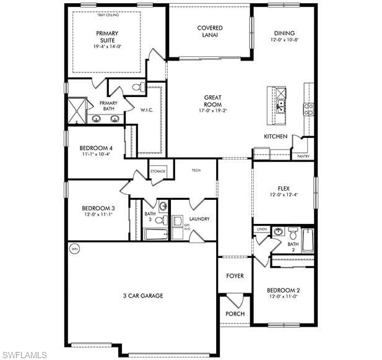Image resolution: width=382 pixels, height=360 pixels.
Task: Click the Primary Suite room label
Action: [x=107, y=37]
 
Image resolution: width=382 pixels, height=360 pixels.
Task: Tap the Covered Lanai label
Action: [x=210, y=32]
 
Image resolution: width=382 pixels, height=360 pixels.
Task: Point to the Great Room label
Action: [x=213, y=101]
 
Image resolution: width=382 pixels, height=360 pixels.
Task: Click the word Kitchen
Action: [x=276, y=136]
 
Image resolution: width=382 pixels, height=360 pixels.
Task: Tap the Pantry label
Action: [x=303, y=156]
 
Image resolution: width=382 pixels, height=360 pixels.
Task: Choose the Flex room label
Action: [x=284, y=188]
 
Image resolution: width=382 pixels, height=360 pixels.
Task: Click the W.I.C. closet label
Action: [x=147, y=110]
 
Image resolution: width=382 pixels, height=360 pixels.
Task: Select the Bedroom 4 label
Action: [x=96, y=148]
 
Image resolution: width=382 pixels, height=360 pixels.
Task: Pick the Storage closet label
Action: [x=158, y=171]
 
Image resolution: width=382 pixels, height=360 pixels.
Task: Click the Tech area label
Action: [x=196, y=170]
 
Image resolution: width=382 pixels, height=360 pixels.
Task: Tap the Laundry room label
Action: [x=199, y=219]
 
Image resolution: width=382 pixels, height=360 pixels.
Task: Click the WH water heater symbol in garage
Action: [x=75, y=249]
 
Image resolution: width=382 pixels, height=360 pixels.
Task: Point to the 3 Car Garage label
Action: [x=143, y=296]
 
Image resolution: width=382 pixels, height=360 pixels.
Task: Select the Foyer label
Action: [x=235, y=276]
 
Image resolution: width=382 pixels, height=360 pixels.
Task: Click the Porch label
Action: [x=235, y=314]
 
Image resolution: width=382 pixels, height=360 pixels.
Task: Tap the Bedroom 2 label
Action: [x=284, y=291]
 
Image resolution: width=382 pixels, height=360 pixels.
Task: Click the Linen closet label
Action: [x=261, y=229]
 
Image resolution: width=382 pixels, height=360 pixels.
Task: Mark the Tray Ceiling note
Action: [x=108, y=15]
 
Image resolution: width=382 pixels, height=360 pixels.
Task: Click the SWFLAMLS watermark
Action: [x=25, y=354]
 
